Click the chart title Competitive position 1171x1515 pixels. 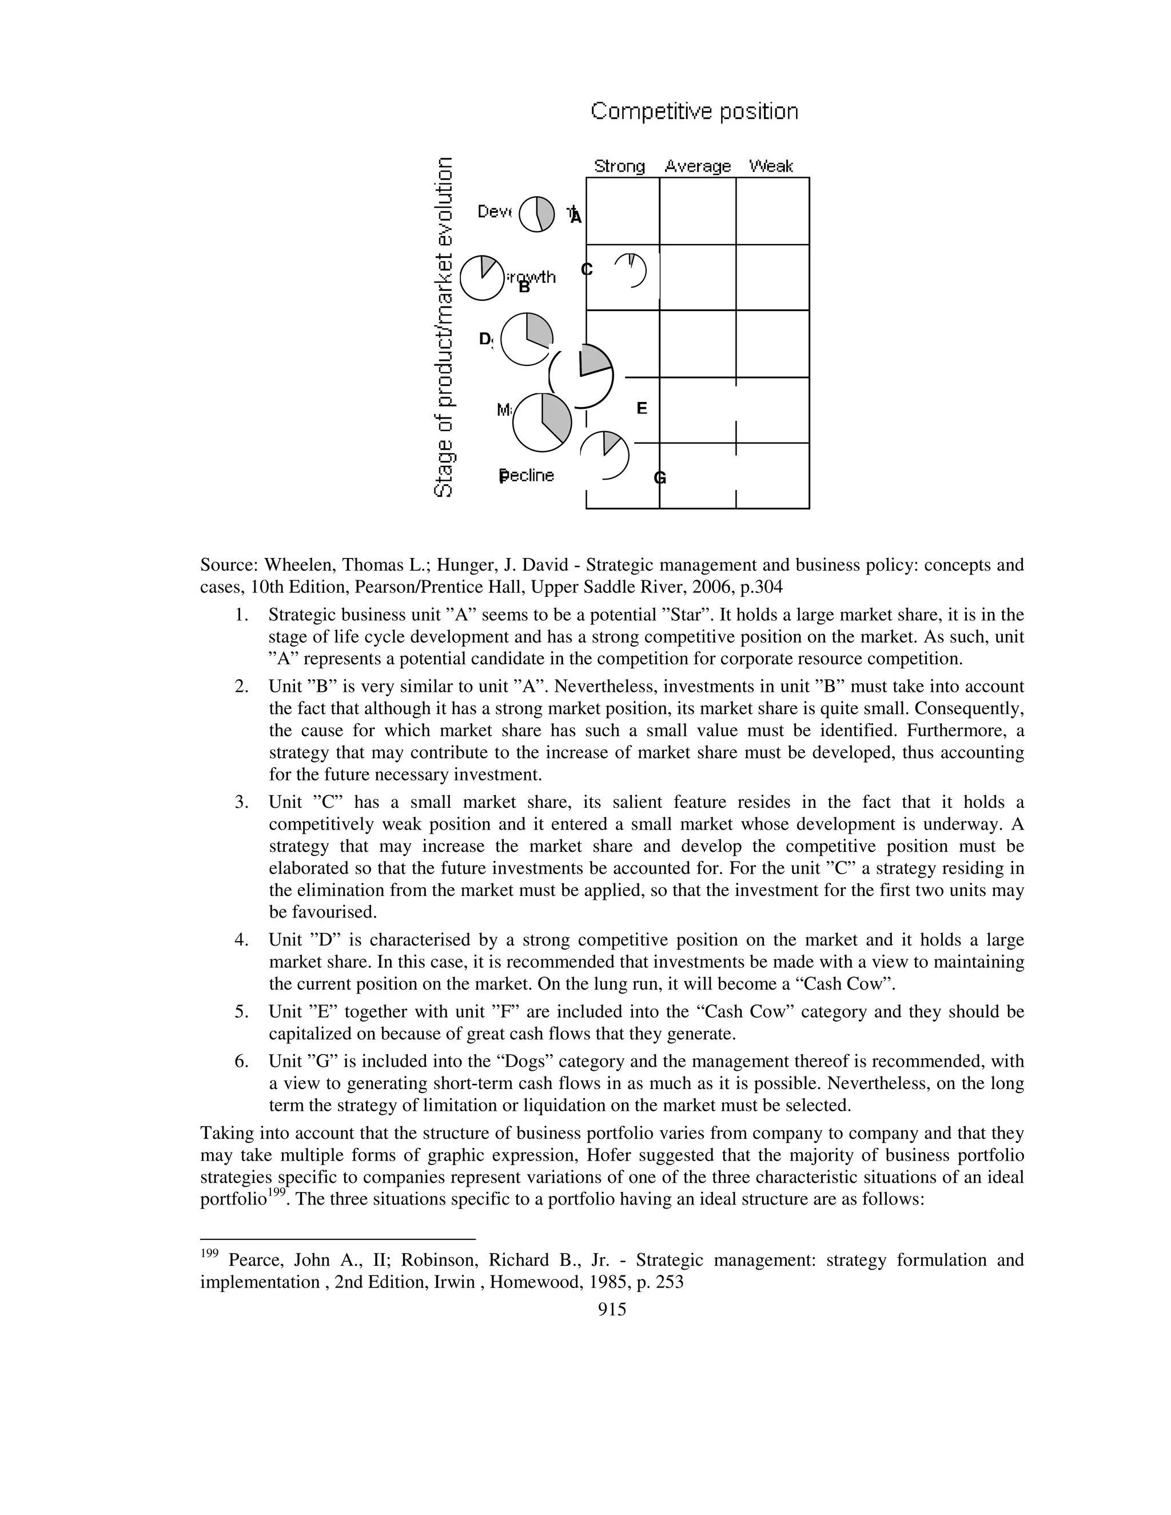(x=694, y=111)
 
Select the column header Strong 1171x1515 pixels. (x=619, y=166)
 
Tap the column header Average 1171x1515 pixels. (x=697, y=166)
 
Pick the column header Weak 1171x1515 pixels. (x=771, y=166)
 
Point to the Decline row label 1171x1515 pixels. (x=527, y=476)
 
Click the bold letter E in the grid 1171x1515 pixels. (x=642, y=409)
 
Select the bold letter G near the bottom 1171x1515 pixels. (x=660, y=478)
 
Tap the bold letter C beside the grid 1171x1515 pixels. (x=586, y=269)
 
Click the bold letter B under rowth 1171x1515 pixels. (x=524, y=287)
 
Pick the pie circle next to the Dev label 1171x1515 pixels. (x=537, y=214)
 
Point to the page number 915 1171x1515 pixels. (x=612, y=1309)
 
